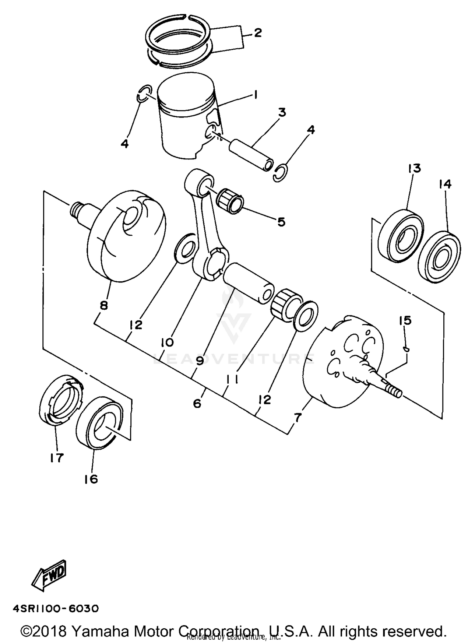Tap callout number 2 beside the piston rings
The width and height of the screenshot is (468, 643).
pyautogui.click(x=257, y=33)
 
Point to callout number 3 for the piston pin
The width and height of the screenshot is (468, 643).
pyautogui.click(x=282, y=112)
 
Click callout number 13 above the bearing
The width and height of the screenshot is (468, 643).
pyautogui.click(x=414, y=168)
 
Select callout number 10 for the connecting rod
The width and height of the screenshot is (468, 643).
pyautogui.click(x=167, y=343)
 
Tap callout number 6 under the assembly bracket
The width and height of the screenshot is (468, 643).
pyautogui.click(x=197, y=403)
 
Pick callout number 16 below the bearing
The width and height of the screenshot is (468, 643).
pyautogui.click(x=91, y=479)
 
